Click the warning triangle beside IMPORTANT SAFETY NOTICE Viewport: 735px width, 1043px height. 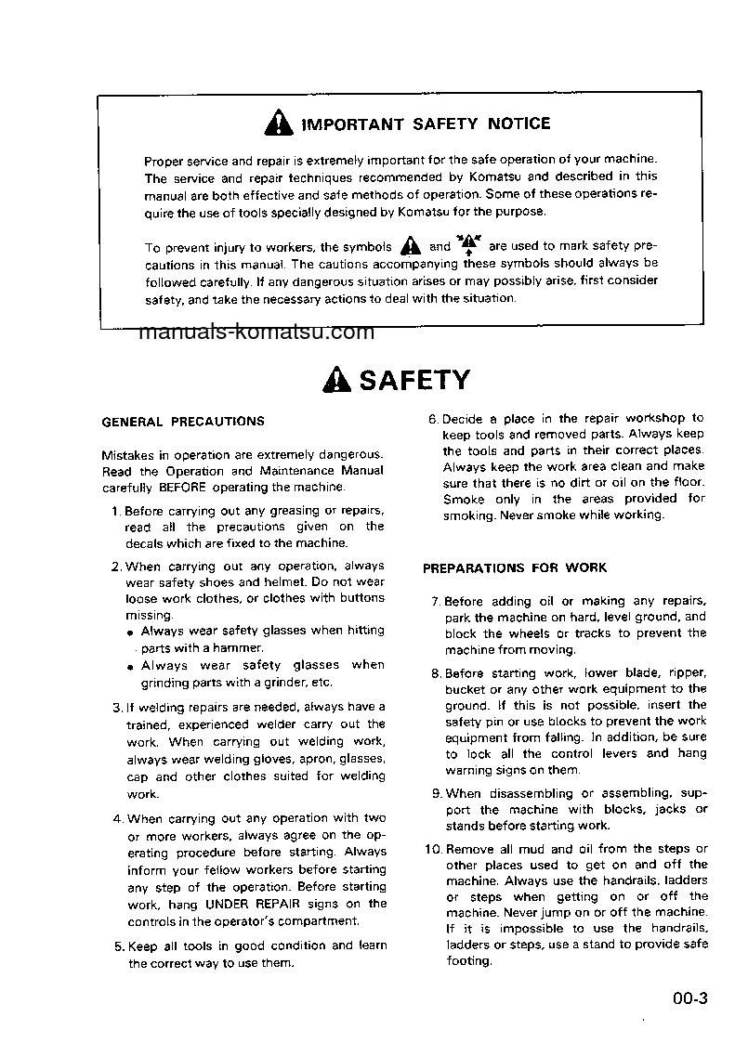tap(277, 124)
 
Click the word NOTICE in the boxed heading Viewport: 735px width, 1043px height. tap(516, 124)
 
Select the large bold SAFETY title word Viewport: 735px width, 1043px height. tap(414, 380)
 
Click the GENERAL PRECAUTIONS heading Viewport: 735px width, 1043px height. tap(182, 422)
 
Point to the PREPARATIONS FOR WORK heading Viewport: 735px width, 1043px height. tap(515, 567)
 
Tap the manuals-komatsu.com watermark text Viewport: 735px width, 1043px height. tap(256, 332)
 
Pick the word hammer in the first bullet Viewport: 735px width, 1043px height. tap(242, 648)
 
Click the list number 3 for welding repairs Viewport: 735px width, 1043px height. tap(117, 707)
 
